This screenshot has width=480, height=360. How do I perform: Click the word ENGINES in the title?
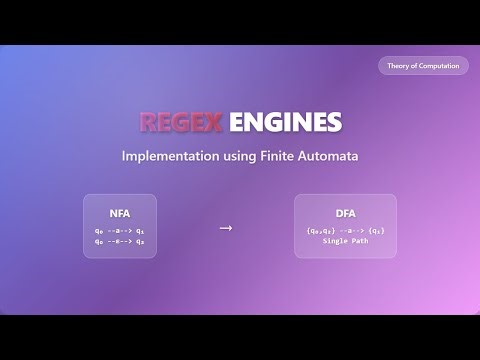(x=285, y=123)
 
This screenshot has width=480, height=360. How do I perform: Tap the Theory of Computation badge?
(x=423, y=66)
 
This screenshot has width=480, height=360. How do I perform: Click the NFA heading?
(x=120, y=214)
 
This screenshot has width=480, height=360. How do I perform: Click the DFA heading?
(x=345, y=214)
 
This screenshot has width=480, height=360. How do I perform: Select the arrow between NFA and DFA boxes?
(x=225, y=228)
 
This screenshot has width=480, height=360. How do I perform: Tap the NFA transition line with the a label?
(x=120, y=230)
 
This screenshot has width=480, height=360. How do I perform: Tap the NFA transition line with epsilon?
(x=120, y=241)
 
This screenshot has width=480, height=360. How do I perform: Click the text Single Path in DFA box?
(x=345, y=242)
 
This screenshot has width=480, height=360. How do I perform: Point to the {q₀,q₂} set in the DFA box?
(x=321, y=231)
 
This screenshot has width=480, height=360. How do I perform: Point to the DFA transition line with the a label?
(x=345, y=231)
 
